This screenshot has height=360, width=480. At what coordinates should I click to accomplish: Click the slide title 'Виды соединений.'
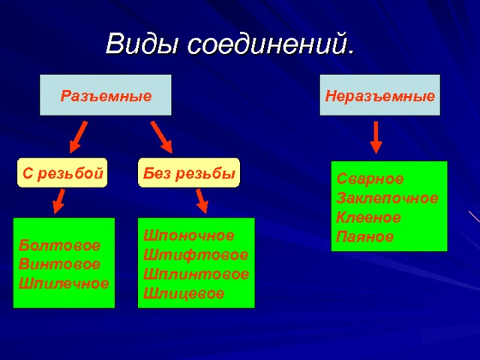(x=229, y=44)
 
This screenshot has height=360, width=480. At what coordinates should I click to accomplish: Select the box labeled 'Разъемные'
(x=106, y=95)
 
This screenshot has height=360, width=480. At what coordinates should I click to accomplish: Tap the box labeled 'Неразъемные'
(x=379, y=95)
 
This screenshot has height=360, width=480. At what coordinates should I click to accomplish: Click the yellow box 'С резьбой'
(x=62, y=173)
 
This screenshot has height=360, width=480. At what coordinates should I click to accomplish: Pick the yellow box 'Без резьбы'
(x=188, y=173)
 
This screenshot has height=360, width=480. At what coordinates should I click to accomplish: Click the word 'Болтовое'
(x=49, y=246)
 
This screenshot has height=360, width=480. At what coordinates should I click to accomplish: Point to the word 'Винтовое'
(x=49, y=265)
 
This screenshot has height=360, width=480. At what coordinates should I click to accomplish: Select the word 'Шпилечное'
(x=64, y=283)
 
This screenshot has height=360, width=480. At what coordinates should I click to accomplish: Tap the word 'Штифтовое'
(x=195, y=255)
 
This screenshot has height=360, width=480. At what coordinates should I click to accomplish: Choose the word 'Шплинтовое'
(x=196, y=274)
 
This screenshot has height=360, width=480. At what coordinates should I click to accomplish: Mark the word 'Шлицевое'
(x=184, y=292)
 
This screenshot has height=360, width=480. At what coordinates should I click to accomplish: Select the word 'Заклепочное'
(x=387, y=199)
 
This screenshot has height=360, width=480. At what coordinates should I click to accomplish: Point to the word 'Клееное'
(x=368, y=217)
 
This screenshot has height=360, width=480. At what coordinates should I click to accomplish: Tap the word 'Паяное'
(x=364, y=237)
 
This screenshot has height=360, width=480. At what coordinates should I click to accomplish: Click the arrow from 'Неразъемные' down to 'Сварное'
(x=376, y=137)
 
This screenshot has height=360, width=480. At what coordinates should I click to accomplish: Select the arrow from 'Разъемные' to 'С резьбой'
(x=78, y=138)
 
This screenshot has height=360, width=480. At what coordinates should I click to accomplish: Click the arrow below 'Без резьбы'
(x=201, y=200)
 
